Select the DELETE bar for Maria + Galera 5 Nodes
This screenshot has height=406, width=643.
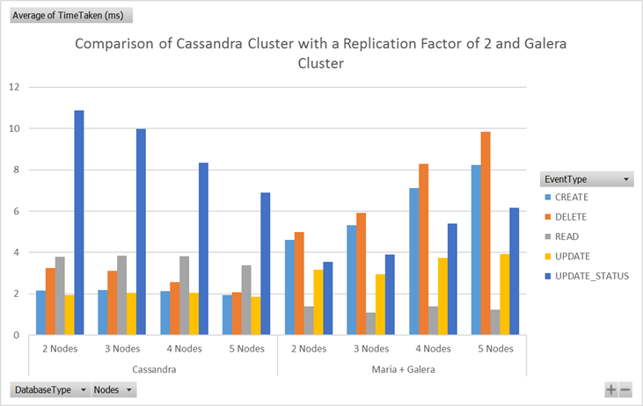[485, 233]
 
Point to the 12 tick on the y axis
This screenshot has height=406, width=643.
[13, 87]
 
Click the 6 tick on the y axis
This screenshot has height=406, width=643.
[16, 211]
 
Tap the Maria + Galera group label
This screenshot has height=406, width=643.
[402, 368]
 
